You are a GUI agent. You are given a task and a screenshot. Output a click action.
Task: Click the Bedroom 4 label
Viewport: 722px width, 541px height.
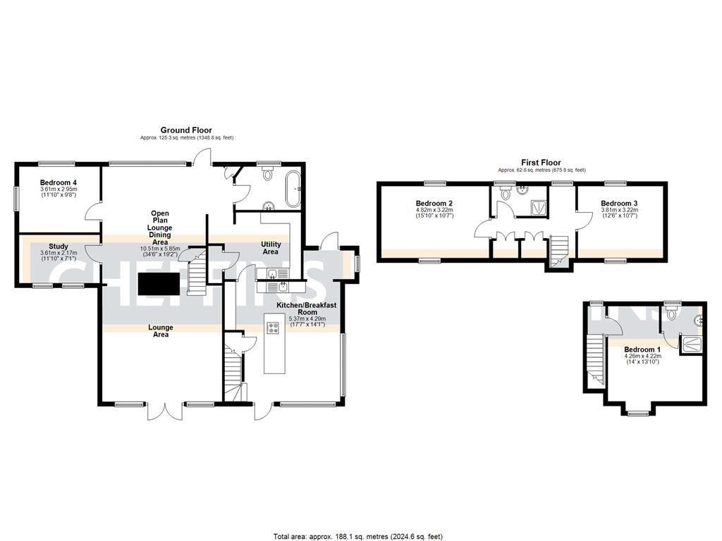58,182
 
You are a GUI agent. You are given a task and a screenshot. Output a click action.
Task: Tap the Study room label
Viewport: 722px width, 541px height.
58,247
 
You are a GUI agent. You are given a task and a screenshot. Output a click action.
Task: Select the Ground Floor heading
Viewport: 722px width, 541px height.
185,130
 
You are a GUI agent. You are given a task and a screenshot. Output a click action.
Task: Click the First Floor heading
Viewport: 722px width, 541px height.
541,163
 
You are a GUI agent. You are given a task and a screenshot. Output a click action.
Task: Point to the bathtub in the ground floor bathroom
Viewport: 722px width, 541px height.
294,189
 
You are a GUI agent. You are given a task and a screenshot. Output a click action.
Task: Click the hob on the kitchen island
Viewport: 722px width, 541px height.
272,328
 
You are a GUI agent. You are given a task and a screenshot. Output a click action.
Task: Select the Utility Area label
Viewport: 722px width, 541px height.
271,248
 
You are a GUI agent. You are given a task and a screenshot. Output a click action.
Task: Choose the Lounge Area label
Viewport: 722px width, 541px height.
161,331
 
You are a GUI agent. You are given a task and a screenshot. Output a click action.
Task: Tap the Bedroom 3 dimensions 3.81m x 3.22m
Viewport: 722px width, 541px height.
618,210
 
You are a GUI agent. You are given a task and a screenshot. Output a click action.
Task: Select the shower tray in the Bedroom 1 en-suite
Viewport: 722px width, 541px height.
690,343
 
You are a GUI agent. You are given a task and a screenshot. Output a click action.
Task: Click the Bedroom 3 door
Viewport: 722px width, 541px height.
580,222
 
